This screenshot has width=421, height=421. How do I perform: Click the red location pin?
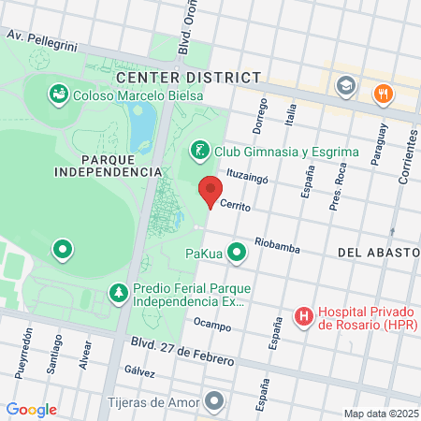210,190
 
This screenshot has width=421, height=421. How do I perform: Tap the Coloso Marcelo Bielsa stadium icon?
58,93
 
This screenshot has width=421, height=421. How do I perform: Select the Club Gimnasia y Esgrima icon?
199,150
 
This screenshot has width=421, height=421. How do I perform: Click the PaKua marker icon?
238,251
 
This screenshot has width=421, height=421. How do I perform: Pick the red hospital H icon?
304,317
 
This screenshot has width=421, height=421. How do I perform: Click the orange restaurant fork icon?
382,94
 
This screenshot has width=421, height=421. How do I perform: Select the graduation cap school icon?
345,86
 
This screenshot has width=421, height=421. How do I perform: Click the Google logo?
31,410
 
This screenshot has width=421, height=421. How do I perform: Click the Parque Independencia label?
109,165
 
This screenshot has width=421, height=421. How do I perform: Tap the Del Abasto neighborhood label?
373,253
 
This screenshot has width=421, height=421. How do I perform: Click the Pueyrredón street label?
22,347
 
